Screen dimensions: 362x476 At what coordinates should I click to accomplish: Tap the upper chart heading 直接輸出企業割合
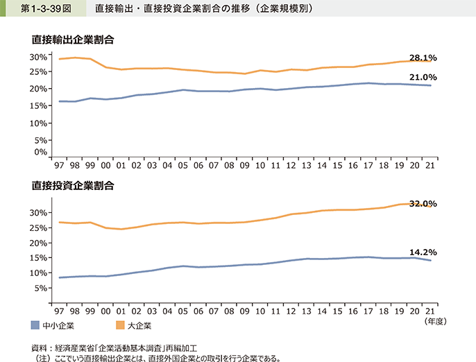[x=71, y=40]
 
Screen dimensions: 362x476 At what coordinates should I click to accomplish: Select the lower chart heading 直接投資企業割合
[x=71, y=185]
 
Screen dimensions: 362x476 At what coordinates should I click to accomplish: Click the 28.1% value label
[x=423, y=58]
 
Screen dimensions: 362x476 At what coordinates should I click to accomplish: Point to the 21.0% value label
[x=423, y=78]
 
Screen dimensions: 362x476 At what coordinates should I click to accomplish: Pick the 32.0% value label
[x=423, y=204]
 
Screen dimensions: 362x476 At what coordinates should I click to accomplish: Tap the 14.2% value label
[x=423, y=253]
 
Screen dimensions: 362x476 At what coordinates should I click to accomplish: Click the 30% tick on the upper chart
[x=39, y=56]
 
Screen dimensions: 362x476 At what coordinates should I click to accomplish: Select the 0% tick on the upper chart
[x=41, y=152]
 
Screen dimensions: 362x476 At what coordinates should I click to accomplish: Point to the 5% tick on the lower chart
[x=41, y=288]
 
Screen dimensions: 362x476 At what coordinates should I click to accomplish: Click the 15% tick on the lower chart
[x=39, y=257]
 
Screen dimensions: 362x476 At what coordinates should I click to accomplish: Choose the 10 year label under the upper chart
[x=260, y=167]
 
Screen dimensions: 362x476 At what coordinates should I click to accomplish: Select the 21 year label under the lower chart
[x=431, y=313]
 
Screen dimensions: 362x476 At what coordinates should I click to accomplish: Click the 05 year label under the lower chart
[x=182, y=313]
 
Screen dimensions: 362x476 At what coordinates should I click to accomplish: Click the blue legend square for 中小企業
[x=35, y=325]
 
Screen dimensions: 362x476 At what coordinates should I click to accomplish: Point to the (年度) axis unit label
[x=436, y=322]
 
